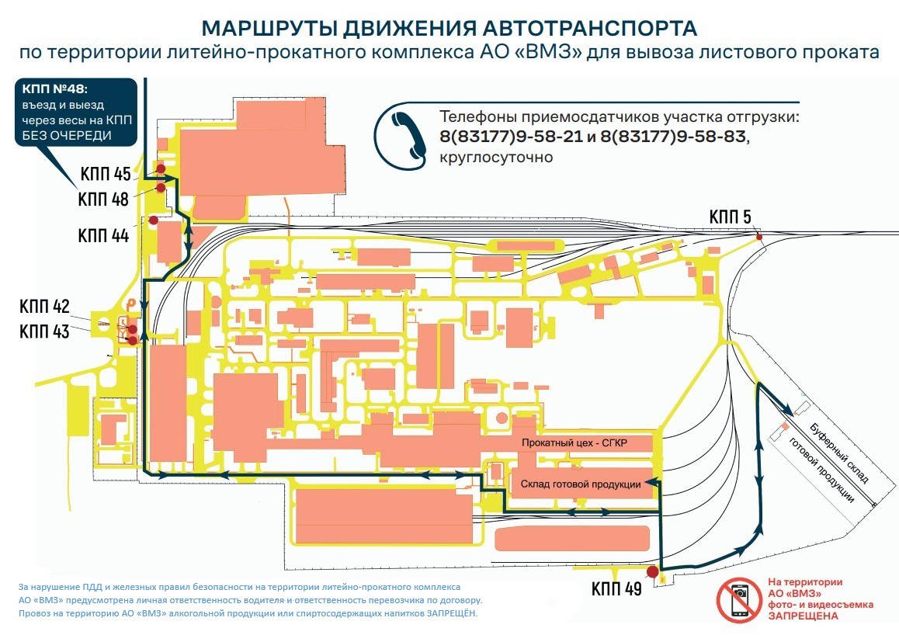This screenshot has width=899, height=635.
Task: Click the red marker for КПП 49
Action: click(652, 573)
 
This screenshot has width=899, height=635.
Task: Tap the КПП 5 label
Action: click(730, 217)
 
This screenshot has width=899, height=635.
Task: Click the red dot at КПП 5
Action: click(758, 237)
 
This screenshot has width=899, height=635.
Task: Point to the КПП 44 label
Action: click(103, 235)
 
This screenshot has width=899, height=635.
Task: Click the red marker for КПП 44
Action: click(153, 220)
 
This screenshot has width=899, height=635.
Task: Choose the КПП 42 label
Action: click(44, 306)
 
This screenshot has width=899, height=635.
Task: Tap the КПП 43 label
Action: click(45, 331)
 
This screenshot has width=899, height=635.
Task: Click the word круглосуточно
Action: click(495, 158)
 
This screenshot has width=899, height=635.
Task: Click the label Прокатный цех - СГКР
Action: click(574, 442)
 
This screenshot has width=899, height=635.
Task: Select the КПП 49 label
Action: click(616, 589)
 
